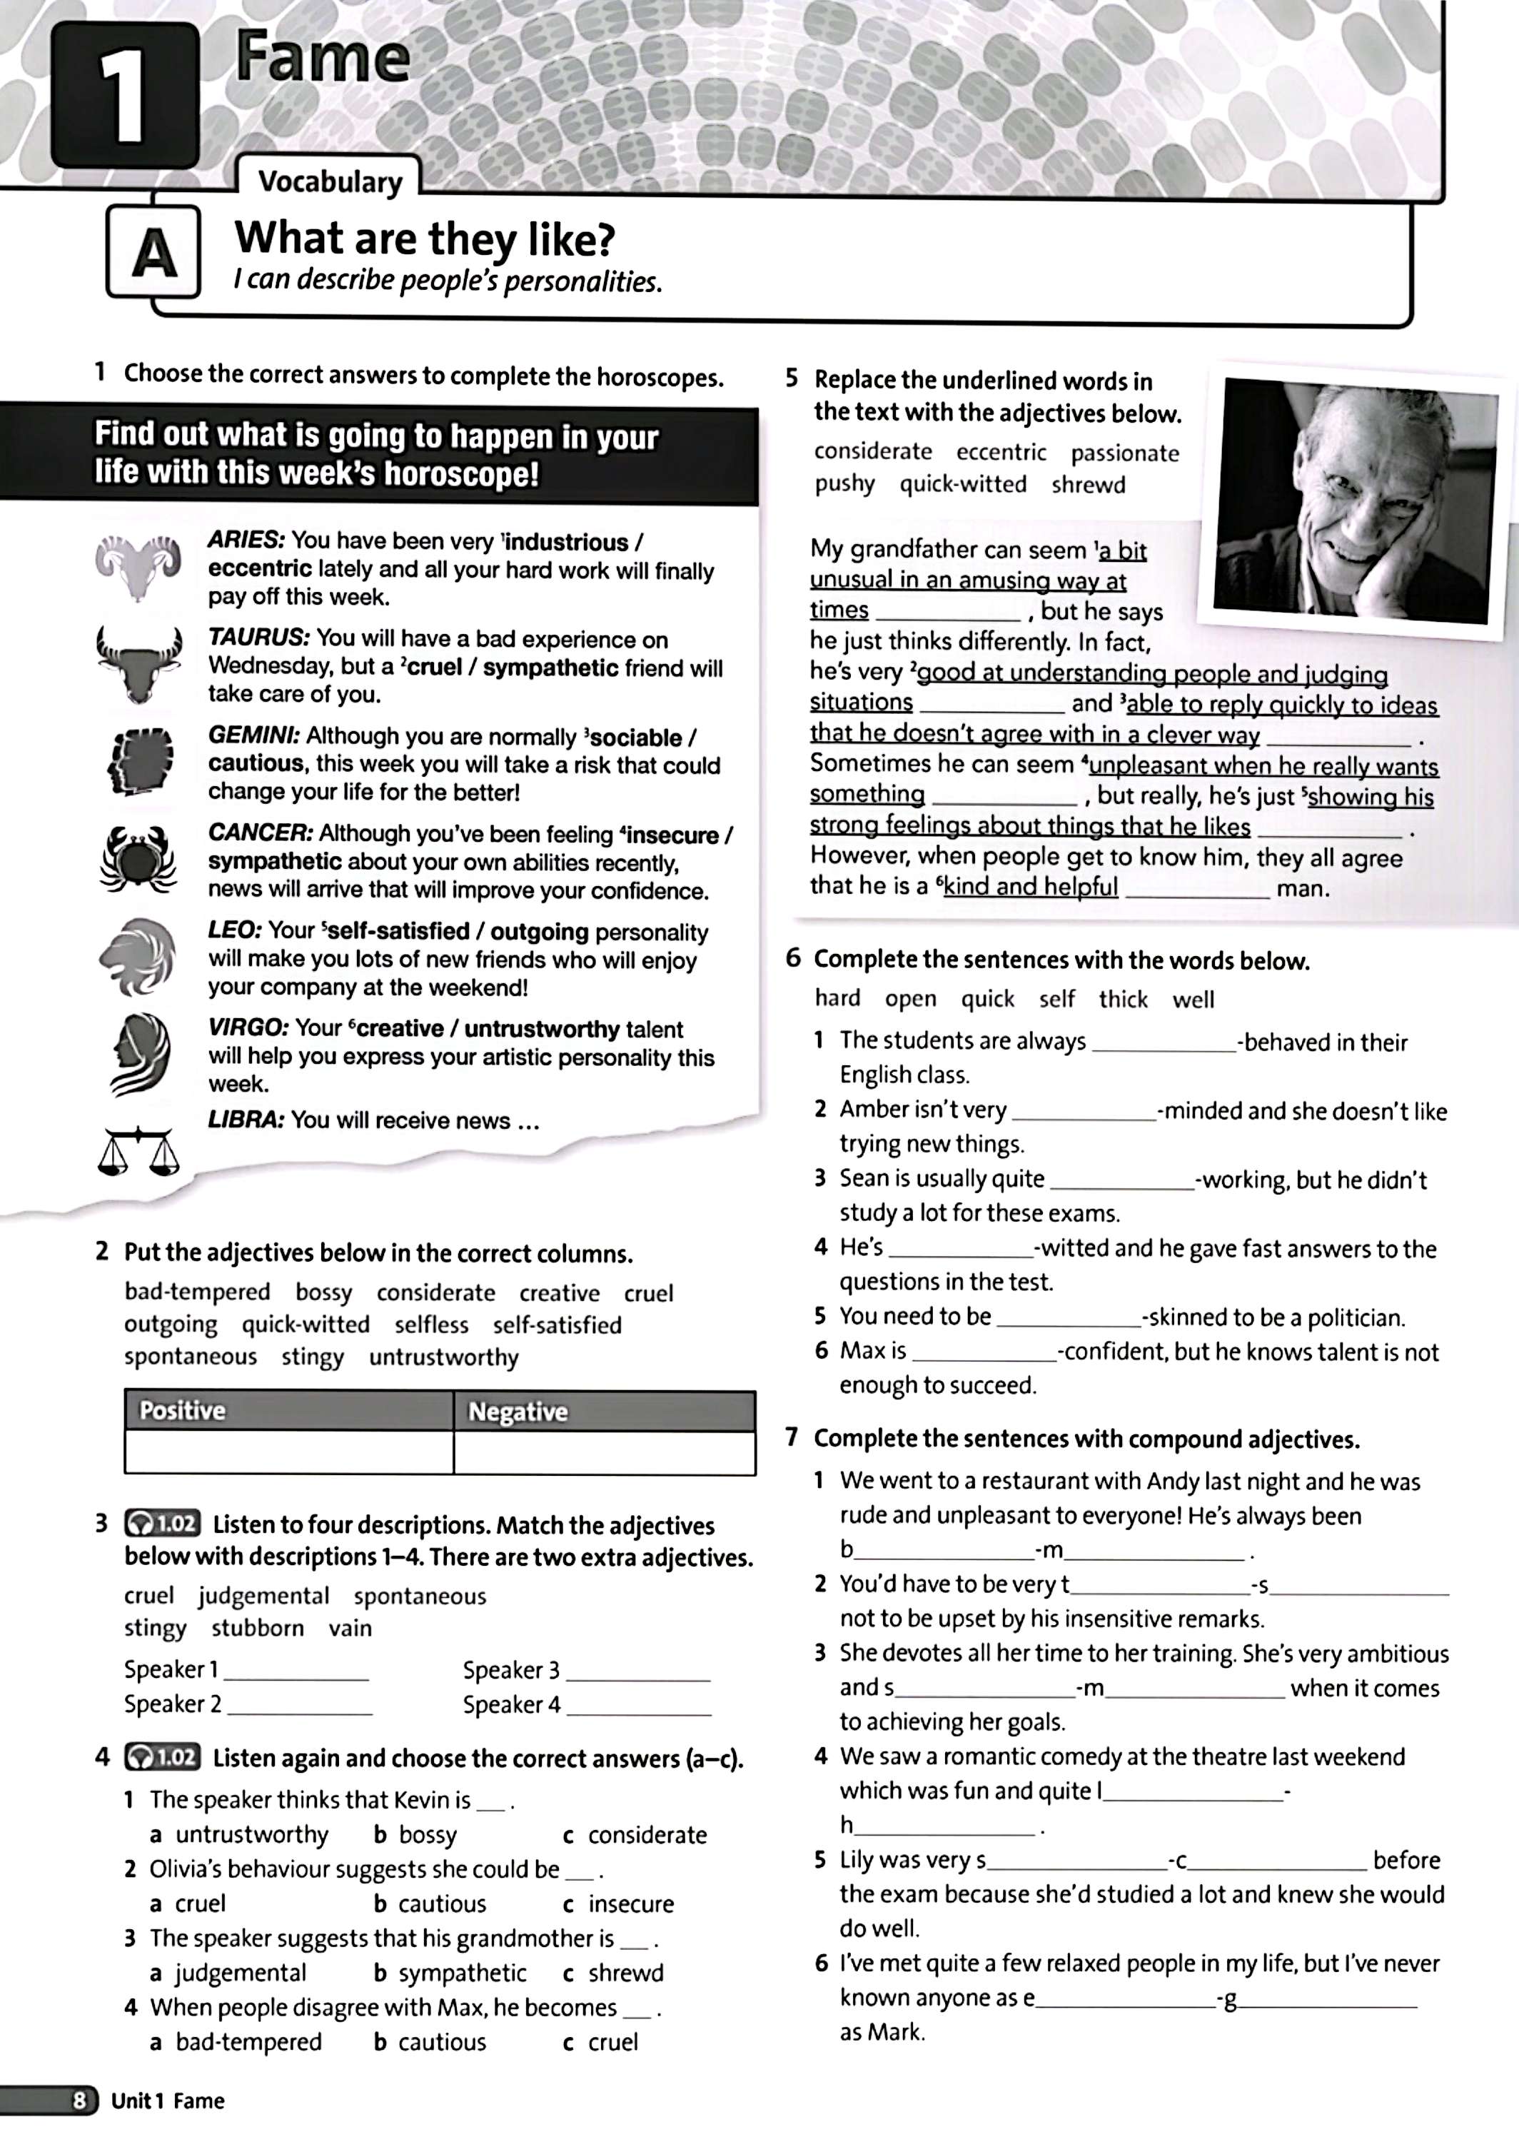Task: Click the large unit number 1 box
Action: pyautogui.click(x=124, y=96)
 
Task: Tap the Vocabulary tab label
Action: pyautogui.click(x=329, y=181)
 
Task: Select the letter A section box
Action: pyautogui.click(x=154, y=253)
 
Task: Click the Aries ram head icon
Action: pyautogui.click(x=138, y=566)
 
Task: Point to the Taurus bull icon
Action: pyautogui.click(x=138, y=663)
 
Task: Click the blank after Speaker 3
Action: pyautogui.click(x=638, y=1671)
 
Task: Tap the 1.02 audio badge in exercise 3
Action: pyautogui.click(x=162, y=1524)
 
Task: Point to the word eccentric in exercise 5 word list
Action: pyautogui.click(x=1001, y=453)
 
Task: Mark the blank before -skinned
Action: pyautogui.click(x=1068, y=1317)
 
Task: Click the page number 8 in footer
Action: pyautogui.click(x=81, y=2101)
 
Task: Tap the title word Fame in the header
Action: pyautogui.click(x=323, y=58)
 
